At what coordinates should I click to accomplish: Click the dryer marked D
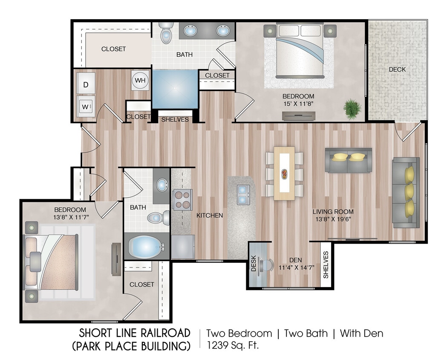tap(86, 84)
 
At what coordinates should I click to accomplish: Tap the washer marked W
tap(86, 107)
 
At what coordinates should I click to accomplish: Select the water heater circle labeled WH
tap(139, 81)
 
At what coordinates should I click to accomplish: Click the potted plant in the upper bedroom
tap(352, 109)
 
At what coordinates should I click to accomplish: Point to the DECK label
tap(397, 69)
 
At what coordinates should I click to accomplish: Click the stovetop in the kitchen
tap(182, 199)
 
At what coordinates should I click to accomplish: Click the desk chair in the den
tap(267, 264)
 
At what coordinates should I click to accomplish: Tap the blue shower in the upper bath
tap(175, 89)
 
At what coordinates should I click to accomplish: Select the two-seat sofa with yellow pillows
tap(348, 160)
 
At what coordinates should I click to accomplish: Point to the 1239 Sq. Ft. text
tap(233, 345)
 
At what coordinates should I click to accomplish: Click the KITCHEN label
tap(209, 215)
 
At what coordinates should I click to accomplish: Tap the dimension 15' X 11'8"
tap(298, 104)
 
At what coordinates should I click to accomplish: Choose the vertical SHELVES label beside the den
tap(326, 264)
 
